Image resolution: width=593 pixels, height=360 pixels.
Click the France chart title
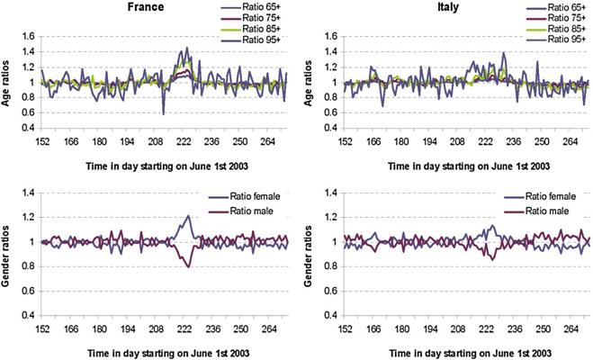(x=146, y=7)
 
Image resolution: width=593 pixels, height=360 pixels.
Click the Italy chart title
(x=448, y=7)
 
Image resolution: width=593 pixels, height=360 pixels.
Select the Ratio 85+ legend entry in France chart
(x=250, y=29)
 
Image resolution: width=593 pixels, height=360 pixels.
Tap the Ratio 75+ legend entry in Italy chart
(x=555, y=18)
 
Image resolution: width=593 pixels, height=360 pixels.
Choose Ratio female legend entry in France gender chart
(x=245, y=196)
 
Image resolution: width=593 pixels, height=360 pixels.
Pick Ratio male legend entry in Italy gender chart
(x=536, y=211)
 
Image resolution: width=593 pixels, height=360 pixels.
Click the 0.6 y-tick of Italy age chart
(x=329, y=112)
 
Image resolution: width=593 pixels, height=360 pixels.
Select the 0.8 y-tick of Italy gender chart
(x=329, y=266)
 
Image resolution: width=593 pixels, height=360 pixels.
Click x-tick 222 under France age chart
(x=184, y=142)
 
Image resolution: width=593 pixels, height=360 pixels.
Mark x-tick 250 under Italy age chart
(x=542, y=142)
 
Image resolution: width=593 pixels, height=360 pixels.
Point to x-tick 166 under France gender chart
(x=71, y=329)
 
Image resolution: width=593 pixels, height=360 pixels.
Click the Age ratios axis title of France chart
(x=5, y=83)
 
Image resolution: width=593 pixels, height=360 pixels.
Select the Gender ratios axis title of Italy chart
(x=309, y=256)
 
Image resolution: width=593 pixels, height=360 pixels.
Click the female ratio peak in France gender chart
(x=188, y=216)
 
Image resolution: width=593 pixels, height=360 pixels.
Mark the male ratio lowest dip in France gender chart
(x=188, y=267)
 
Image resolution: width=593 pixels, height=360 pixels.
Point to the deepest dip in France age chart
(x=164, y=114)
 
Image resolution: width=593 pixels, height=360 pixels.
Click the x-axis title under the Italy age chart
(x=469, y=166)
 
